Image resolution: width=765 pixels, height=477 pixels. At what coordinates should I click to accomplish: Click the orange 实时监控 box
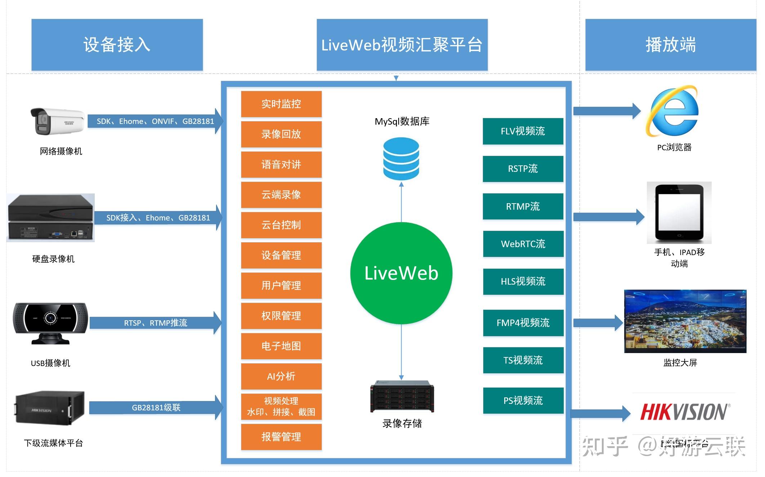[x=281, y=104]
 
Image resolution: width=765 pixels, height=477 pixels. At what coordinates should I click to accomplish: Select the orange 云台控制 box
[x=281, y=225]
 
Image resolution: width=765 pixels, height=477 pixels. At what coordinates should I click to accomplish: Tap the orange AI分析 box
[x=281, y=376]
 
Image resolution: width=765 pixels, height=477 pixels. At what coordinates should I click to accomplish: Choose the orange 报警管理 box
[x=281, y=437]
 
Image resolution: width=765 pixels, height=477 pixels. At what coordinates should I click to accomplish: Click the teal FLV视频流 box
[x=523, y=131]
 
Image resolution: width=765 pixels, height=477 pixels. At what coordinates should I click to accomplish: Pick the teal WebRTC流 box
[x=523, y=244]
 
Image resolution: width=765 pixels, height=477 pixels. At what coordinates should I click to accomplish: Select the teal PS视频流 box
[x=523, y=400]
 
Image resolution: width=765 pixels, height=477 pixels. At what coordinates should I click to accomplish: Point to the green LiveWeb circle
[x=401, y=273]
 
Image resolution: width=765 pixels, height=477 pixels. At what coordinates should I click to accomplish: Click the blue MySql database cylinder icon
[x=401, y=159]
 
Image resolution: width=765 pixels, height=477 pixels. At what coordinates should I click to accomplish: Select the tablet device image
[x=679, y=213]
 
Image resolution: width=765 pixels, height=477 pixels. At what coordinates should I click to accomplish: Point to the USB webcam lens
[x=50, y=318]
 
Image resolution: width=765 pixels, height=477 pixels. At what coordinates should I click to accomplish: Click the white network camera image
[x=58, y=121]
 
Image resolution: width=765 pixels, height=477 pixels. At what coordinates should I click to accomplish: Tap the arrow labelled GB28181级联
[x=156, y=407]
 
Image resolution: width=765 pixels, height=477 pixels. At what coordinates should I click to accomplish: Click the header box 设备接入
[x=117, y=45]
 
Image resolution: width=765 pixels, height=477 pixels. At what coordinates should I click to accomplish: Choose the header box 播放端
[x=670, y=45]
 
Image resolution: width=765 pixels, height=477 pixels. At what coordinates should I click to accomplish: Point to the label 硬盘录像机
[x=53, y=259]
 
